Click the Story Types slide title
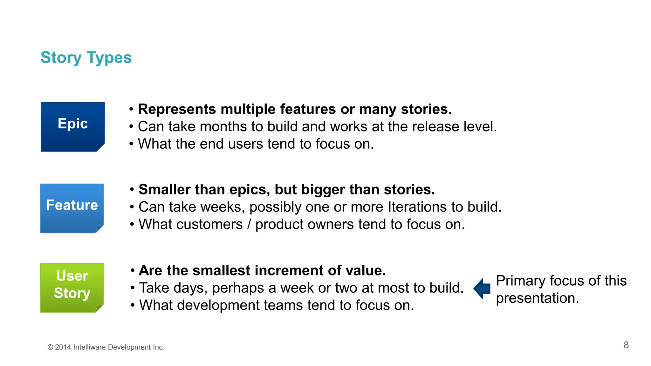pyautogui.click(x=86, y=58)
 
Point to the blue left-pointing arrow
pyautogui.click(x=482, y=288)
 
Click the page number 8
pyautogui.click(x=626, y=345)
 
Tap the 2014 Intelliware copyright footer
pyautogui.click(x=106, y=347)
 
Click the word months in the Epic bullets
pyautogui.click(x=223, y=126)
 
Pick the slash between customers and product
pyautogui.click(x=249, y=224)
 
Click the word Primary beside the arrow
pyautogui.click(x=520, y=281)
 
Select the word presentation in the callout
pyautogui.click(x=537, y=298)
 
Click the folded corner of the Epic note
pyautogui.click(x=100, y=147)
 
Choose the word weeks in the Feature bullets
pyautogui.click(x=223, y=207)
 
